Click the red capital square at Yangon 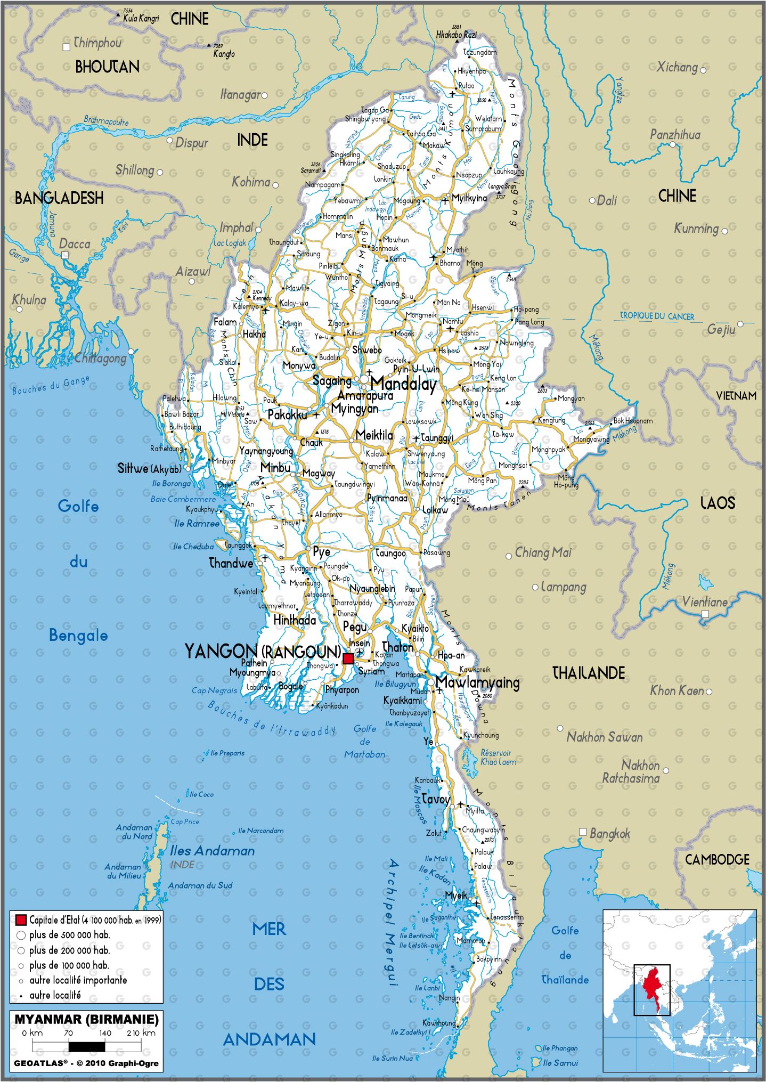coord(348,658)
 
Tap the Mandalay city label coord(403,384)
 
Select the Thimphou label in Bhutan coord(97,43)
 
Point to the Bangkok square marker coord(583,832)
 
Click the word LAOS coord(718,503)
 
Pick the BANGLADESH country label coord(59,198)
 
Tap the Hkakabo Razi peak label coord(457,35)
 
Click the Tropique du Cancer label coord(657,316)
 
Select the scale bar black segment coord(87,1046)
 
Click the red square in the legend coord(21,920)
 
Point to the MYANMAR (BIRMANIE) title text coord(86,1019)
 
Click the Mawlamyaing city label coord(477,682)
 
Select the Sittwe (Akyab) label coord(149,469)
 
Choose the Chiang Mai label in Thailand coord(543,552)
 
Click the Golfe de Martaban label coord(365,741)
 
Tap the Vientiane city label coord(705,602)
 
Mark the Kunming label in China coord(696,229)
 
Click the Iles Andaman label coord(212,851)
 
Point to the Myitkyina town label coord(469,198)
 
